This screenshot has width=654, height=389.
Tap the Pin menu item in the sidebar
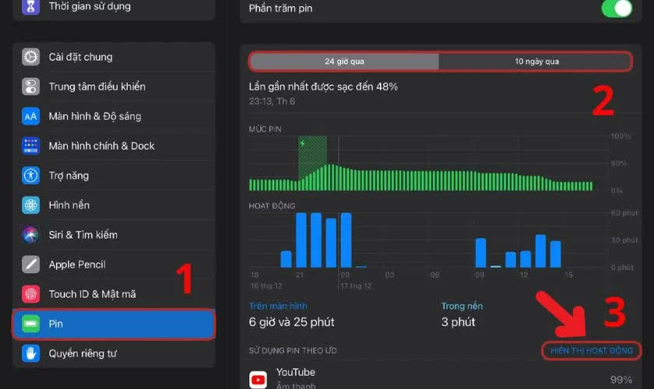(x=113, y=324)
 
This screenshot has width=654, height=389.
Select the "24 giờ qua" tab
(x=343, y=61)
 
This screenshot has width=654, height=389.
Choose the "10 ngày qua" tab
(x=536, y=61)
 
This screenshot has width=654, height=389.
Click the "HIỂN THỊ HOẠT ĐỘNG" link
(x=592, y=351)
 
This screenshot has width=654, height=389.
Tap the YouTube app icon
(x=258, y=379)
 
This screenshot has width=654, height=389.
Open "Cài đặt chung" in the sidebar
(x=80, y=57)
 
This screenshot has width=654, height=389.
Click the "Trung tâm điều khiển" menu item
(x=97, y=86)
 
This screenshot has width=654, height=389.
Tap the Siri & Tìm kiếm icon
(x=30, y=234)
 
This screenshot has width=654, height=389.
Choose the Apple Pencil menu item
(x=77, y=265)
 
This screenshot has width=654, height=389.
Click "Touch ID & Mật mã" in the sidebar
(x=92, y=294)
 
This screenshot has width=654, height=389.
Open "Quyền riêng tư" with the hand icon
(x=83, y=353)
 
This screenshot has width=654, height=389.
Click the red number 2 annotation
(x=603, y=100)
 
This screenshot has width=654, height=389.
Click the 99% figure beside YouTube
(x=620, y=379)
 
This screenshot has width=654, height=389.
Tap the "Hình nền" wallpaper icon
(x=30, y=205)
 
